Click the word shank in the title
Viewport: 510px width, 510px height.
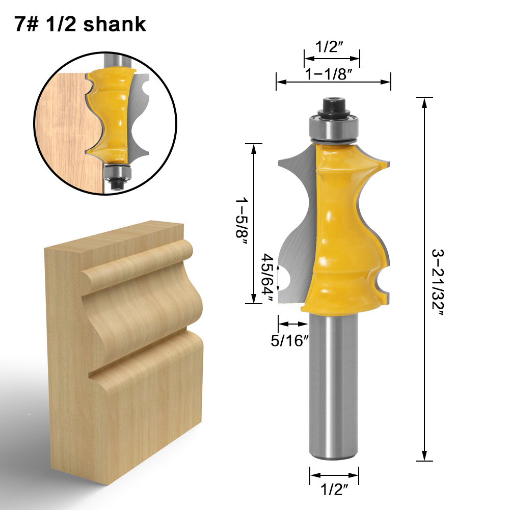115,23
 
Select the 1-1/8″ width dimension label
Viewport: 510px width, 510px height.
329,74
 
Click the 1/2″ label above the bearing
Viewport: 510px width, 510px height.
329,47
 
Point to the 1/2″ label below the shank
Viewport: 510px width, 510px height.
334,491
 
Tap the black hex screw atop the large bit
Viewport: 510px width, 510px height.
334,105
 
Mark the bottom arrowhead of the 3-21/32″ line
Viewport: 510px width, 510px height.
424,457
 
